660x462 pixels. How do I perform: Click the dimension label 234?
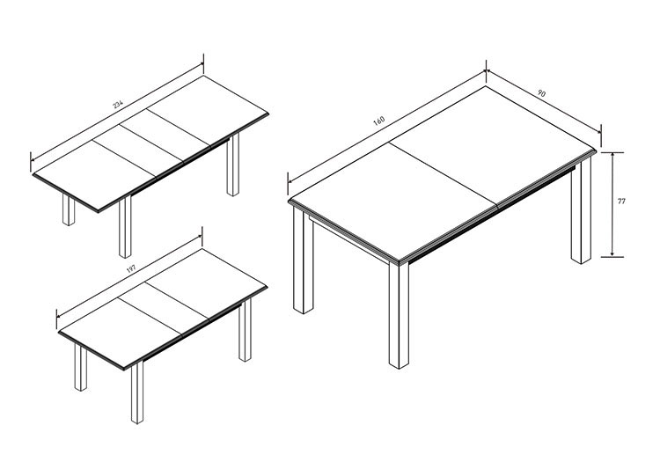(118, 105)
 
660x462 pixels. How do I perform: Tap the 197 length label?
(132, 268)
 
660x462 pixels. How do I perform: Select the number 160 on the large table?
(378, 121)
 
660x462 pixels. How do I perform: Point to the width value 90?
(542, 93)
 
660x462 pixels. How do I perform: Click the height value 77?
(621, 202)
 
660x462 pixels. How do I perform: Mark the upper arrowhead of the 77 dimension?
(612, 155)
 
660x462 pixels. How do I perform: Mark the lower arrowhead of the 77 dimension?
(612, 253)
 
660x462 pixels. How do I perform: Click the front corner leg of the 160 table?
(399, 315)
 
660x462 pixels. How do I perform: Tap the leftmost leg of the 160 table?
(303, 260)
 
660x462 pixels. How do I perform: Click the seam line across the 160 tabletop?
(444, 174)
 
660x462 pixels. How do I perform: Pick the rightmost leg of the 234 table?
(233, 165)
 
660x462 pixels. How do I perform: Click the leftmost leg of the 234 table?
(68, 209)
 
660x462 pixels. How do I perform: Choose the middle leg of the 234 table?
(125, 227)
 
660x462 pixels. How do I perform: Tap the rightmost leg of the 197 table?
(245, 330)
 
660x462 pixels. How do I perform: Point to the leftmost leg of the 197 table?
(80, 367)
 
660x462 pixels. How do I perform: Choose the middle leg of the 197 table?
(136, 392)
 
